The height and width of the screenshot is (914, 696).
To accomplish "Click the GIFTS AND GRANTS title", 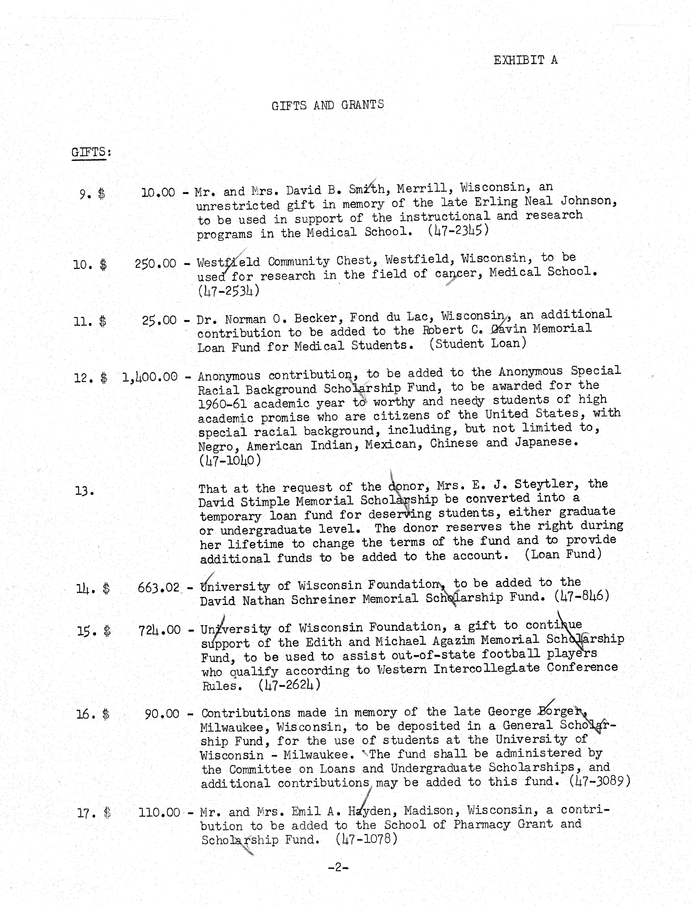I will tap(327, 105).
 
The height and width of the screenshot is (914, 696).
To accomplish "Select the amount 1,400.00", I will tap(150, 377).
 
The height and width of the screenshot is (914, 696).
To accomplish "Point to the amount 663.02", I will tap(158, 587).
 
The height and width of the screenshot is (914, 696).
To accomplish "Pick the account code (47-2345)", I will tap(458, 230).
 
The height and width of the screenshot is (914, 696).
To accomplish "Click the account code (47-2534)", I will tap(229, 291).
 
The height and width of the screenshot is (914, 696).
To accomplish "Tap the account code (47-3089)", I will tap(599, 781).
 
